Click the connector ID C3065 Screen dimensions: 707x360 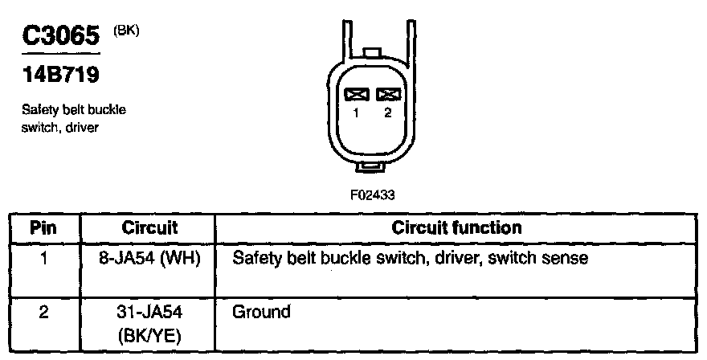(x=60, y=36)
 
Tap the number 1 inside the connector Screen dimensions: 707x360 (x=356, y=113)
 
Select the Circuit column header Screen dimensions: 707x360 (x=149, y=227)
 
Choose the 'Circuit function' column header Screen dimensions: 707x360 (x=456, y=227)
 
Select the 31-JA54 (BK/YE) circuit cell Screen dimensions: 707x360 (x=149, y=321)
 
